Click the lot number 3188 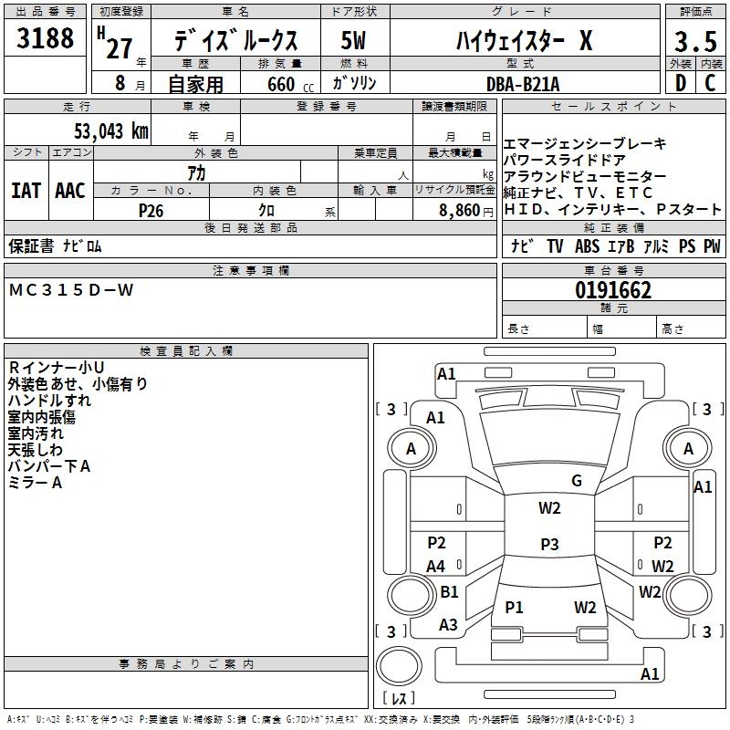46,39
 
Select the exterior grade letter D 680,82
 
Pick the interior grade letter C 710,82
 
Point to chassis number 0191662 613,291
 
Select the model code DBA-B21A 523,83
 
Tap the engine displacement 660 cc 280,84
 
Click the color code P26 151,210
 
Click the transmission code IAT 26,190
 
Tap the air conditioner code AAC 70,190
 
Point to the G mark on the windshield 576,481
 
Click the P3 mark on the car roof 548,544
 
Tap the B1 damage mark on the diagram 449,592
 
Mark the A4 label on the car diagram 436,567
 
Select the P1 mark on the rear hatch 515,607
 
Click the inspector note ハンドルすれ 49,401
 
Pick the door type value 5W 353,41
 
